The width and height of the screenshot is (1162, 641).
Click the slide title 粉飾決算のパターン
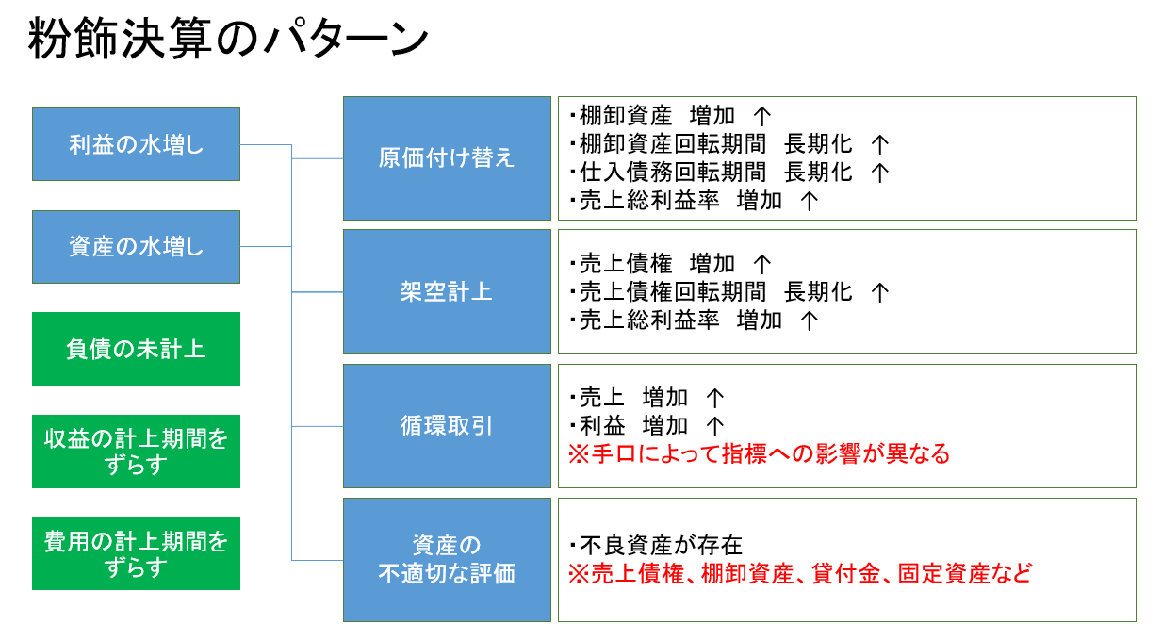click(228, 38)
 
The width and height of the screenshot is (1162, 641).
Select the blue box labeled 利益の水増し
click(136, 144)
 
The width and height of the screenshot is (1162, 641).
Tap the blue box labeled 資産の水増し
click(136, 247)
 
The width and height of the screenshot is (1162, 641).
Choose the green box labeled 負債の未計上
click(136, 349)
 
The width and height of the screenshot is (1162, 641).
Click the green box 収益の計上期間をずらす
click(136, 452)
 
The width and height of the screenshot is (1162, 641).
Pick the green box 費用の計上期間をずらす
click(136, 553)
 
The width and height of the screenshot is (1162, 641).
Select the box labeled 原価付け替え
click(447, 158)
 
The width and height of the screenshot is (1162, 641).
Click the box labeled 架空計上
click(447, 291)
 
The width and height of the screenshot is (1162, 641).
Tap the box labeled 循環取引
click(447, 426)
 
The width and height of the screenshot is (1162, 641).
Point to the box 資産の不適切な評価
click(447, 560)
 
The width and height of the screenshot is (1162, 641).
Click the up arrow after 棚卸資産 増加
click(761, 116)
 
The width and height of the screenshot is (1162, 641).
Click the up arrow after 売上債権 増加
click(761, 264)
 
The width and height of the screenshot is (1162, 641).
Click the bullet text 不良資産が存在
click(656, 546)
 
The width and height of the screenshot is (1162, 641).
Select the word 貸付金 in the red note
click(846, 574)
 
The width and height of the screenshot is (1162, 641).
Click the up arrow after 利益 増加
click(715, 427)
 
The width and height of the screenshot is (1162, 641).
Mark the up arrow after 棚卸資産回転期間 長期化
click(880, 145)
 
